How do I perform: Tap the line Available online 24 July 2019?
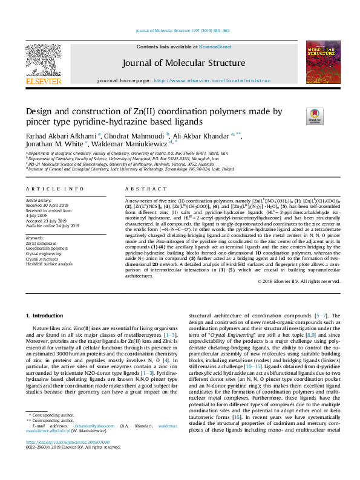pos(53,226)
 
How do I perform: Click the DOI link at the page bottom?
pos(64,459)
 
